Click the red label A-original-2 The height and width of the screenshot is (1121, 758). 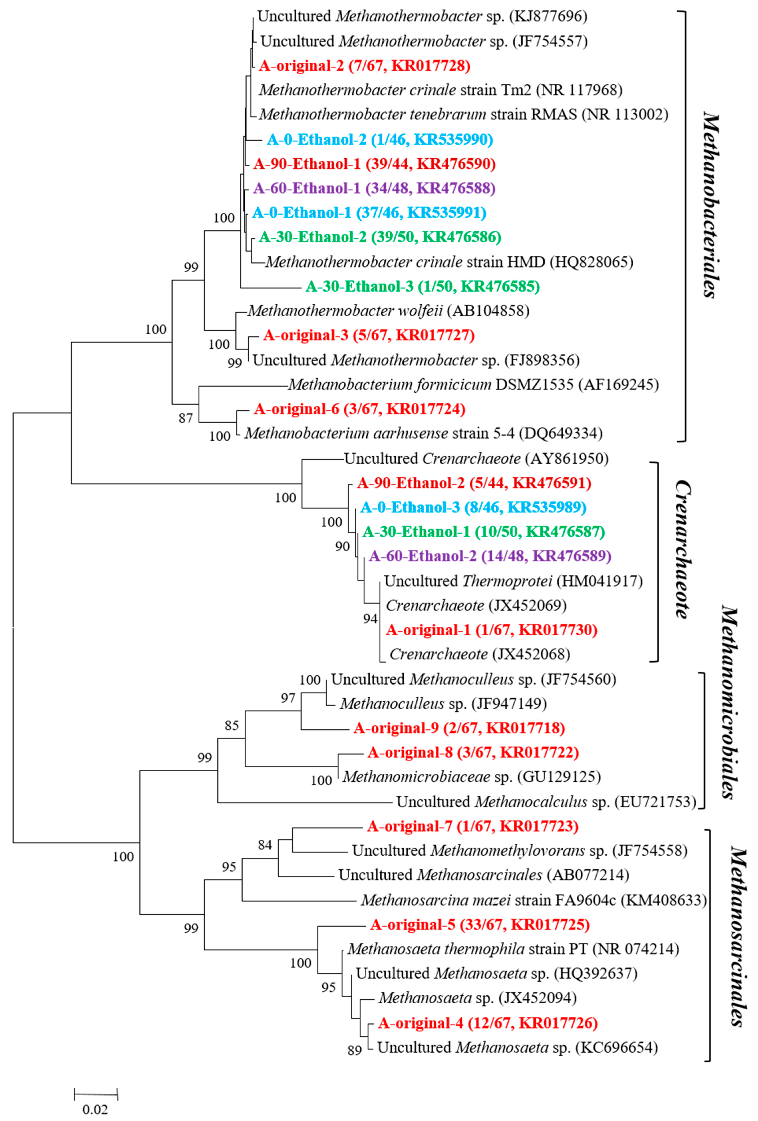(364, 66)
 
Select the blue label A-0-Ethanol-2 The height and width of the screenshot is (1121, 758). (380, 139)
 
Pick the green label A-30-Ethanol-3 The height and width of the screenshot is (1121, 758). (422, 287)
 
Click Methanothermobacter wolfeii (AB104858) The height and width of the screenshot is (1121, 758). (388, 311)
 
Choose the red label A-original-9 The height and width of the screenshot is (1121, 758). (459, 728)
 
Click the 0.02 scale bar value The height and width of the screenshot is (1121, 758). (95, 1109)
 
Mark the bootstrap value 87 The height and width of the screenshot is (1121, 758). (186, 418)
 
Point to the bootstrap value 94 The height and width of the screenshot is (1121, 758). (370, 618)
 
